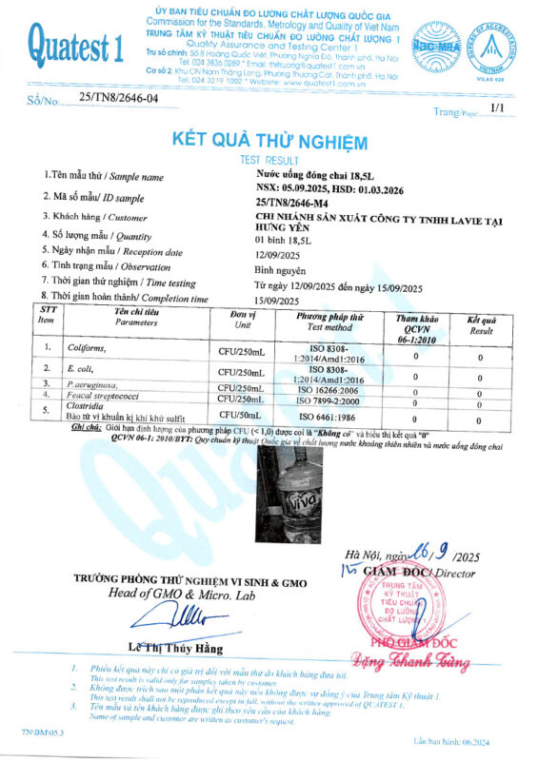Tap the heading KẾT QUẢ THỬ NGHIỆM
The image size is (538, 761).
tap(269, 142)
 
